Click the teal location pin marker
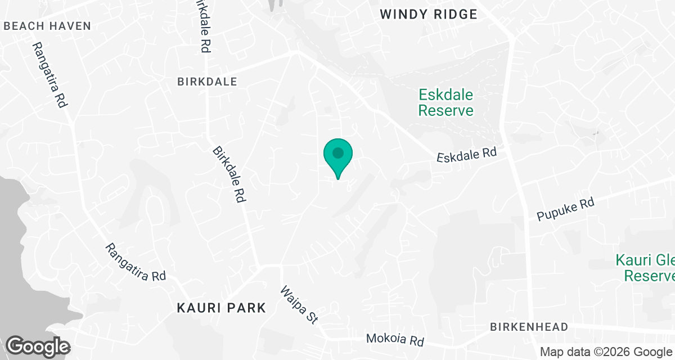click(x=338, y=157)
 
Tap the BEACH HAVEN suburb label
click(x=47, y=26)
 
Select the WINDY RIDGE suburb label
click(x=429, y=14)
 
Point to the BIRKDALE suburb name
click(x=207, y=82)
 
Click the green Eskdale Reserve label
click(x=445, y=102)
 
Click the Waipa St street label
click(x=300, y=304)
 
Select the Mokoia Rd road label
click(x=394, y=340)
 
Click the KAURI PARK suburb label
click(x=221, y=308)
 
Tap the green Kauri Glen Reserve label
click(x=645, y=268)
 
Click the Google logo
click(x=38, y=346)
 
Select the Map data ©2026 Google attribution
click(x=606, y=352)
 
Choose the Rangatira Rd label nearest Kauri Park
click(x=137, y=262)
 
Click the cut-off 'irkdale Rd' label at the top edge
click(x=203, y=26)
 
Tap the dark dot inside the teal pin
click(x=338, y=152)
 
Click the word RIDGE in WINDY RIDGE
click(x=454, y=14)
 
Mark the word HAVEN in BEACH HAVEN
click(x=69, y=26)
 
